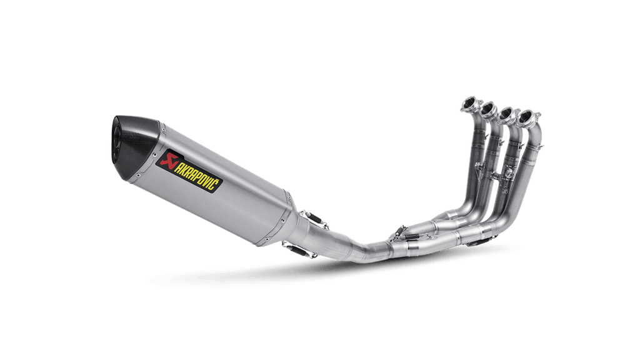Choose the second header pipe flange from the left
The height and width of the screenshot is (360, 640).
488,109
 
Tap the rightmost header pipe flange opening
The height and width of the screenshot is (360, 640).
528,117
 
